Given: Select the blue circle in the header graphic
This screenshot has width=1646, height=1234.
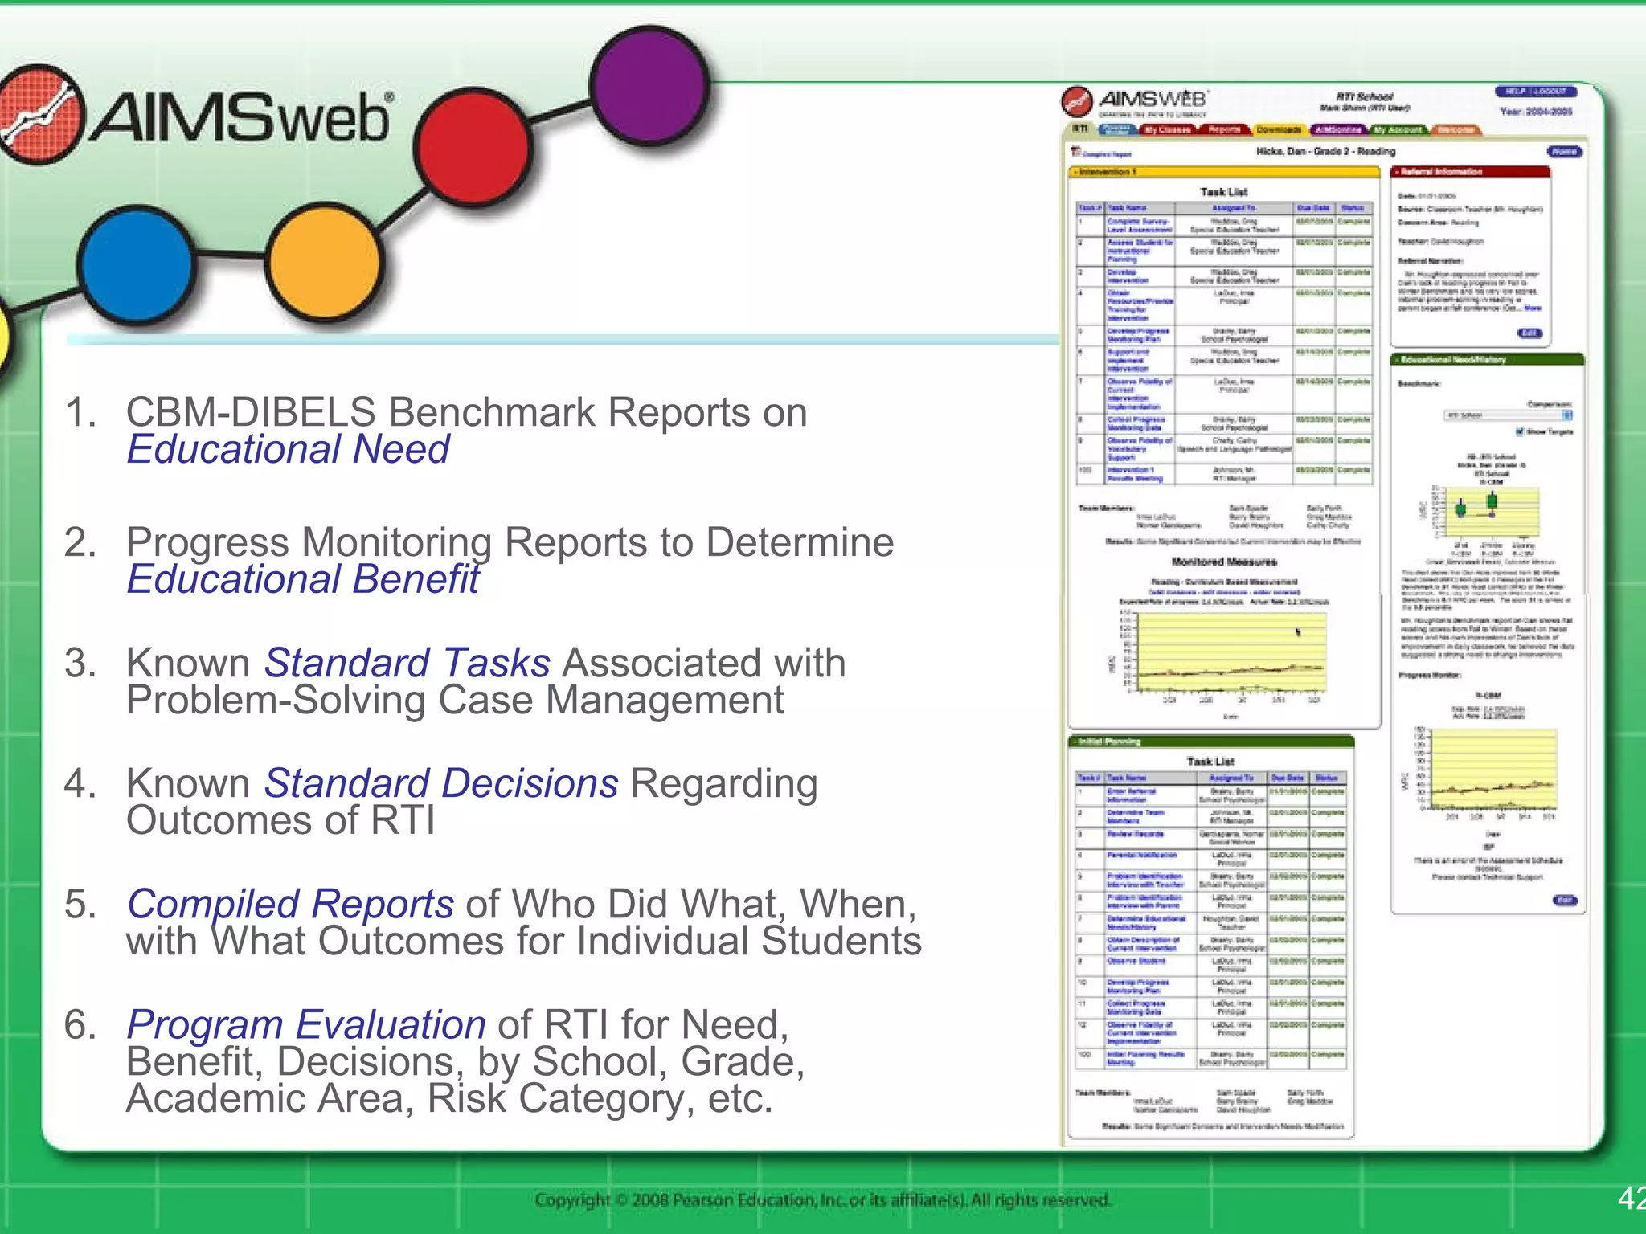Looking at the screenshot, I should click(x=137, y=263).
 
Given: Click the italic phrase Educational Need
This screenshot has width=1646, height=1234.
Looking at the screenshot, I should click(x=289, y=449).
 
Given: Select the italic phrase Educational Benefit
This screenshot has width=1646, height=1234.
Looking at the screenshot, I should click(x=303, y=579).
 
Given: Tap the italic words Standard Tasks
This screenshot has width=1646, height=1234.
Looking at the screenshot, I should click(x=407, y=664).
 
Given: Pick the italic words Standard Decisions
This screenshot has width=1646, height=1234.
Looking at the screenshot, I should click(x=441, y=784).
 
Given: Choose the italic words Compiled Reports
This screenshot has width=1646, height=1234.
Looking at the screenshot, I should click(x=290, y=905).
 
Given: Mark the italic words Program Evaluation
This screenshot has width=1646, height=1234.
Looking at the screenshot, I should click(x=306, y=1025).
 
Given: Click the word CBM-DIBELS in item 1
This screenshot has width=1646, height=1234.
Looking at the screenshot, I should click(x=251, y=413).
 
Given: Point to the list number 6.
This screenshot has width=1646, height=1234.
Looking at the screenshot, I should click(x=80, y=1025).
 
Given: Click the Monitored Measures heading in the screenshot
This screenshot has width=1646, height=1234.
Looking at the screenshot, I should click(x=1224, y=562).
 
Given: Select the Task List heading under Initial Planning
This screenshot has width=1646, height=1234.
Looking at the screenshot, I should click(x=1210, y=761).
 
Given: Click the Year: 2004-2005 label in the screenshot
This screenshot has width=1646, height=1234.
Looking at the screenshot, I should click(x=1536, y=112).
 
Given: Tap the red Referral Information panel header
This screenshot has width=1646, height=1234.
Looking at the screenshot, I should click(x=1470, y=172).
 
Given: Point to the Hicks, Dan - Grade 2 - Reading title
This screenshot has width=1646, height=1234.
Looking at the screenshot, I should click(x=1325, y=151).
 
